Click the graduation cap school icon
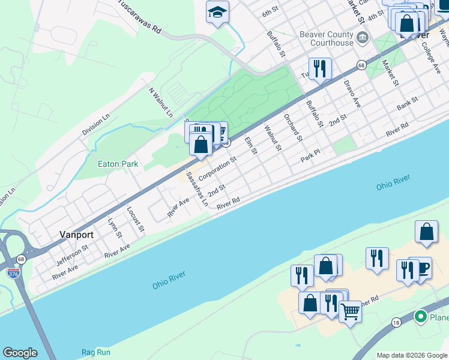pos(217,11)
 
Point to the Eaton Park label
pos(118,164)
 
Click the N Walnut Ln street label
pos(161,102)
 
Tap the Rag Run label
pos(96,352)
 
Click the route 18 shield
pos(396,323)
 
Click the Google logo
pos(20,353)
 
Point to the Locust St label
pos(136,220)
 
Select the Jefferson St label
pos(72,254)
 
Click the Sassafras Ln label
pos(196,188)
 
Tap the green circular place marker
pos(421,316)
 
